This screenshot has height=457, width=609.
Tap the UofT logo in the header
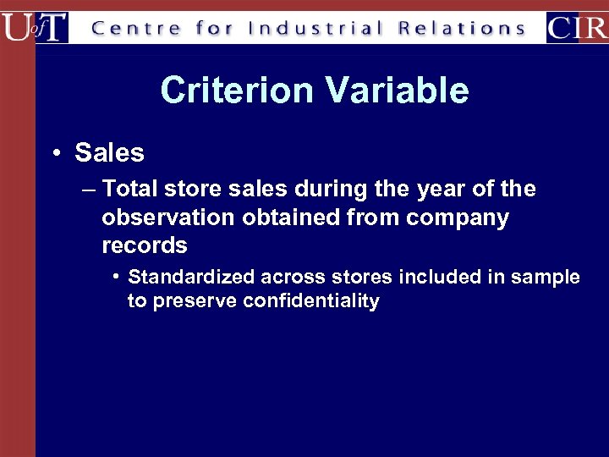tap(35, 27)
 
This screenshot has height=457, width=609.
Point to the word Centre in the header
tap(135, 28)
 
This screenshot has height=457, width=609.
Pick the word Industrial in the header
tap(316, 28)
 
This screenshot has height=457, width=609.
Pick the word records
tap(145, 245)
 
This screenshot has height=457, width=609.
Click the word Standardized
tap(192, 277)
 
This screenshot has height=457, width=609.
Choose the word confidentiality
tap(311, 300)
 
